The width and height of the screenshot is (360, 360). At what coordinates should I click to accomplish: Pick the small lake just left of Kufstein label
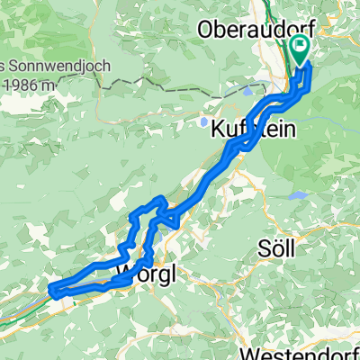click(x=206, y=121)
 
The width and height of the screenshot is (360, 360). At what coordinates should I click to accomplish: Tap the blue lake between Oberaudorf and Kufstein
click(x=249, y=91)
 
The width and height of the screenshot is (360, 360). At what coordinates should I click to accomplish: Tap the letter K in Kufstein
click(x=216, y=130)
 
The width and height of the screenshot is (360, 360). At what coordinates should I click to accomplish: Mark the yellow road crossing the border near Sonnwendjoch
click(x=97, y=81)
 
